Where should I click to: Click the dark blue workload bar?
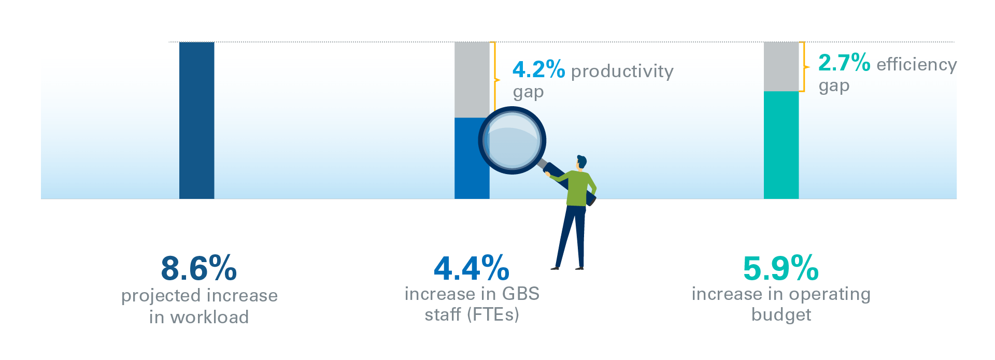196,120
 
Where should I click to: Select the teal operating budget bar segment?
781,145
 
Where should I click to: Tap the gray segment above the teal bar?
781,67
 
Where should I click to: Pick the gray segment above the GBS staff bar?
472,80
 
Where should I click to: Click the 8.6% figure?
199,268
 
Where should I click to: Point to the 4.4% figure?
472,268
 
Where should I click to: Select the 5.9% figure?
781,268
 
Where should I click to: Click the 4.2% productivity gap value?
538,70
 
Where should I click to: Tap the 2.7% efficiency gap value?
844,63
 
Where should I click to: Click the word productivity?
622,71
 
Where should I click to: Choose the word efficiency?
917,65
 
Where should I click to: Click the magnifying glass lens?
512,140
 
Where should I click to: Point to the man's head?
582,162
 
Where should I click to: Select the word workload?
209,317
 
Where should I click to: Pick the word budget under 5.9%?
781,315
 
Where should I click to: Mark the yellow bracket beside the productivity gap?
495,80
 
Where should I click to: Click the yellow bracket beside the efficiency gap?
804,67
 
